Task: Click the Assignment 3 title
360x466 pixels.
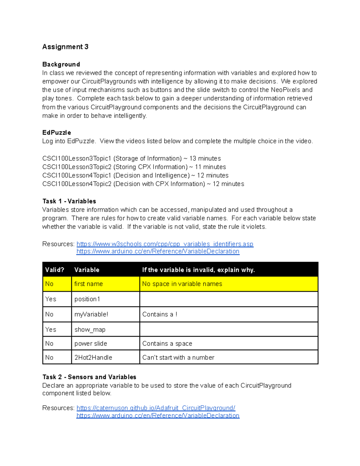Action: (65, 47)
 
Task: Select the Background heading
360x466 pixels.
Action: (61, 64)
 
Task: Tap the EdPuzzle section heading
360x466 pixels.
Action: (56, 133)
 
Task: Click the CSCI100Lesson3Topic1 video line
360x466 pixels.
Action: (131, 158)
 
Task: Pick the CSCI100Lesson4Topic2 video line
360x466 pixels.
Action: (143, 184)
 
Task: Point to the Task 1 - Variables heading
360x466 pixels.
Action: (69, 201)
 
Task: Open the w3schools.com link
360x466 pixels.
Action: (165, 244)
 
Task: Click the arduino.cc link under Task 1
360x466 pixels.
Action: (158, 251)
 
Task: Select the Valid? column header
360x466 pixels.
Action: (55, 270)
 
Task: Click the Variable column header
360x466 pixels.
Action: (87, 270)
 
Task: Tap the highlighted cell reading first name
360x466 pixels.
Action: (88, 284)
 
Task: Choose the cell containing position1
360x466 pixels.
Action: (87, 299)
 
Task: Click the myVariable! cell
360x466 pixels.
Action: (91, 314)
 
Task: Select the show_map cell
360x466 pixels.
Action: (90, 329)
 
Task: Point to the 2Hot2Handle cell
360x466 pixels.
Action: (93, 357)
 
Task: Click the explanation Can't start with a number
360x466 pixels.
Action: (178, 357)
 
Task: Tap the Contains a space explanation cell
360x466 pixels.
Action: (167, 344)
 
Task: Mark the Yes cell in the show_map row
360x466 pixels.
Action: (51, 329)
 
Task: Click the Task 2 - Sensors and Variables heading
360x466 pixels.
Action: (89, 377)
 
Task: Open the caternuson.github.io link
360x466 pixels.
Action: (156, 408)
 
